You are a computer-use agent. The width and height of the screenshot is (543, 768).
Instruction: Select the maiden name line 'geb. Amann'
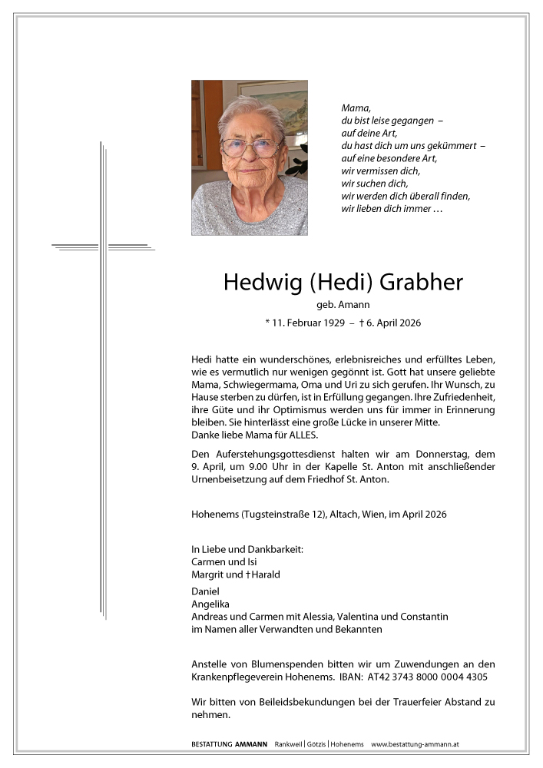point(343,306)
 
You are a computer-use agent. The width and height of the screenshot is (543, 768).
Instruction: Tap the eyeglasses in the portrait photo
point(251,147)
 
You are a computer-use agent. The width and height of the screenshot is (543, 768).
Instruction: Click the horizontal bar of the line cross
point(104,247)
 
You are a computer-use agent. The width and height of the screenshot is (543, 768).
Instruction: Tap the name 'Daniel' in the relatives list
point(205,591)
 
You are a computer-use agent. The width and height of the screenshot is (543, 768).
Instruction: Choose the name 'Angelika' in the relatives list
point(211,604)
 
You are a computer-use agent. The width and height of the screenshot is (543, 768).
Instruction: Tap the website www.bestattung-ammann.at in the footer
point(415,744)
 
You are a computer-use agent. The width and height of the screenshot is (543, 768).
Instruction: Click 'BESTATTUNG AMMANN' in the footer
point(230,744)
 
